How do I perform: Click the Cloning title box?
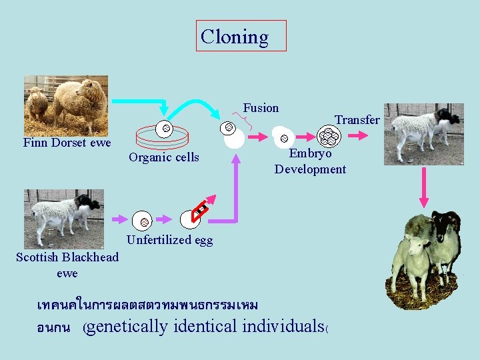point(243,36)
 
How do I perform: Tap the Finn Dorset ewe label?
point(67,143)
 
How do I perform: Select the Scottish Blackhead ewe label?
point(67,265)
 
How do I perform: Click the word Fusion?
point(261,108)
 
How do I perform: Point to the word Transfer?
point(357,120)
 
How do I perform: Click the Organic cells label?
point(163,157)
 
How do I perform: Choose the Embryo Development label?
point(310,161)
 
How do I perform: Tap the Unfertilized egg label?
point(169,240)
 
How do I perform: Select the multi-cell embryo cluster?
point(328,137)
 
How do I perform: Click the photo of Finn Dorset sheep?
point(65,105)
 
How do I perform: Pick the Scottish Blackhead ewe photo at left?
point(63,219)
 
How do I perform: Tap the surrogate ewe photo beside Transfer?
point(423,133)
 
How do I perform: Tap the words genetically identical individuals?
point(204,327)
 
